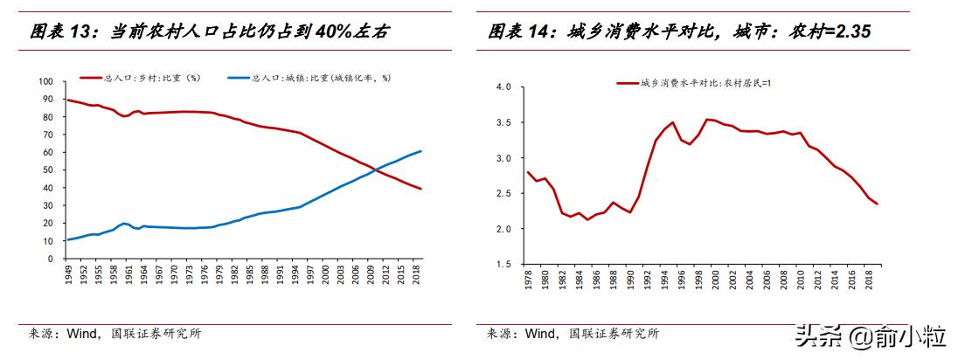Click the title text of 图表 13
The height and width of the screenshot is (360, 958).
(210, 32)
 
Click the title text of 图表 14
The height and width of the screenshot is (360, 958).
(678, 32)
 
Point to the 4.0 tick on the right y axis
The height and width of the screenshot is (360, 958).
(502, 87)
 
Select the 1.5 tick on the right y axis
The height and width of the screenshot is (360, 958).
(502, 264)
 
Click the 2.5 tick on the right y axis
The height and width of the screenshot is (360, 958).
(502, 193)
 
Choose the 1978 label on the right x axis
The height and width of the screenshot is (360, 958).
(527, 280)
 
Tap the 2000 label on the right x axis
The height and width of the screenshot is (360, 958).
(716, 280)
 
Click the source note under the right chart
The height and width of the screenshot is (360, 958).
(573, 333)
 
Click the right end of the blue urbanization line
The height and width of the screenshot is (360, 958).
(421, 151)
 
